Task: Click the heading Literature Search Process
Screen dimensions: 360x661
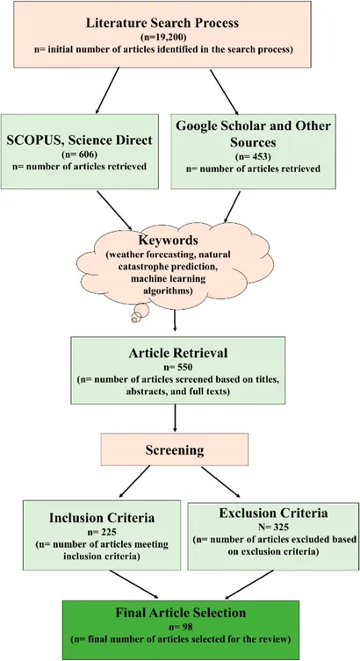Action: [162, 22]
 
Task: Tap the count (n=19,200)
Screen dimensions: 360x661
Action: [162, 36]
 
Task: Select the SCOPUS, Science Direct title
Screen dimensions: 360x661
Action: [79, 140]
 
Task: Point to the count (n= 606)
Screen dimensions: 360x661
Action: [80, 154]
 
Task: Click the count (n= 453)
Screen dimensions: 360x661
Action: [253, 157]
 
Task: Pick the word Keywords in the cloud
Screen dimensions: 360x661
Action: [168, 241]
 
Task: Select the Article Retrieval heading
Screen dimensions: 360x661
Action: [177, 353]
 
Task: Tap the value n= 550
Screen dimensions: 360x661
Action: [177, 366]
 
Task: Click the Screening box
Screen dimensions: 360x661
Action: [174, 449]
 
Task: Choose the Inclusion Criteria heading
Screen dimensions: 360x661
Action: [102, 517]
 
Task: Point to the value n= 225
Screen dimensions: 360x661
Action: [102, 531]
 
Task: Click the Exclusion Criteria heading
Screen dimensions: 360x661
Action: [273, 513]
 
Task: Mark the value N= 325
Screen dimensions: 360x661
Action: [273, 527]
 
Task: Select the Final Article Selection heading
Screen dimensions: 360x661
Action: [180, 613]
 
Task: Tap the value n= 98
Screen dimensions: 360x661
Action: [180, 627]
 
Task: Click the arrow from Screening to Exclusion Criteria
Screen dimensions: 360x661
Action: [220, 482]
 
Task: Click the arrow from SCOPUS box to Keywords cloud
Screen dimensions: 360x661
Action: [115, 211]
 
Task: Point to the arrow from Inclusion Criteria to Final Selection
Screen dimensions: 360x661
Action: [134, 585]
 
